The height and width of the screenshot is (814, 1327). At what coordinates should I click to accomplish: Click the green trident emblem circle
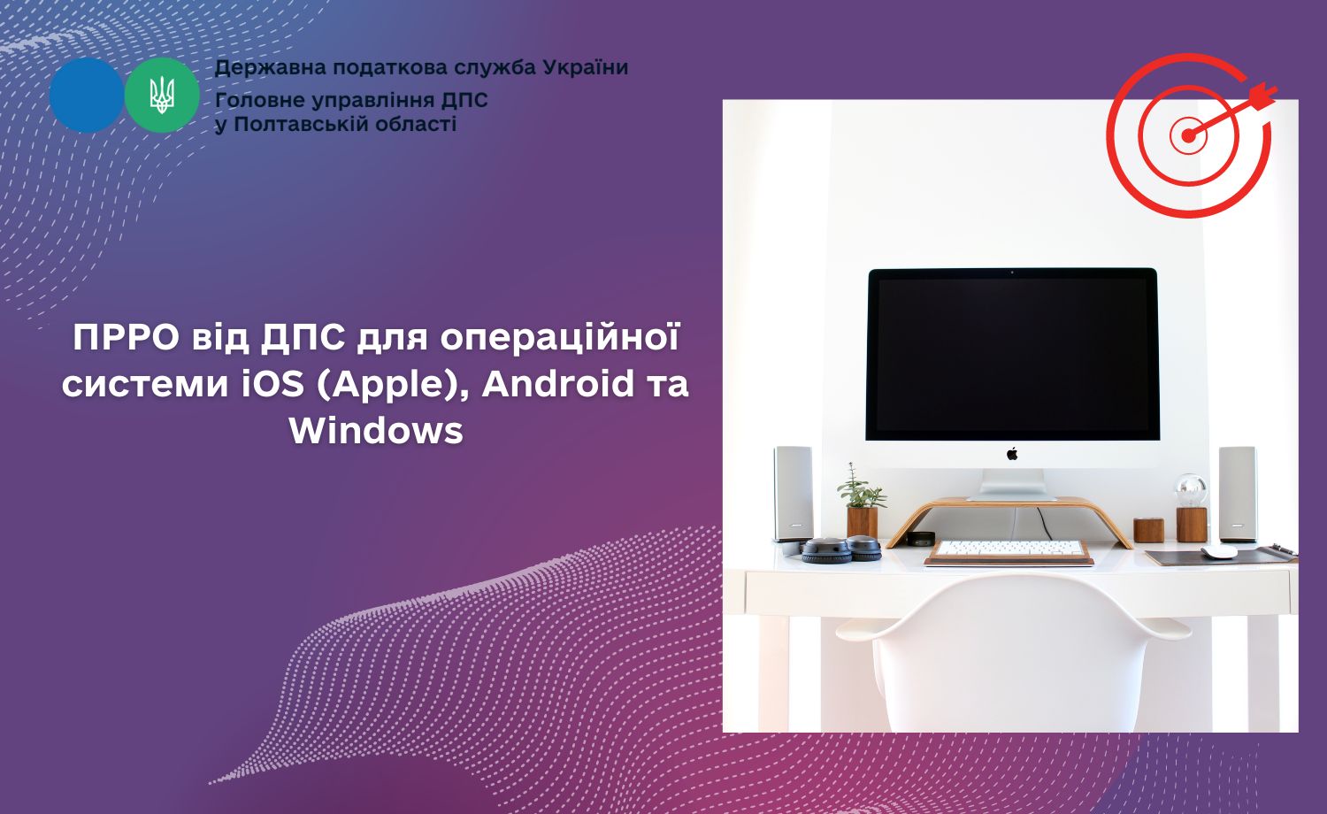162,96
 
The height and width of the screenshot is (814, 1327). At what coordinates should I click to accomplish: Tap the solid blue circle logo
87,96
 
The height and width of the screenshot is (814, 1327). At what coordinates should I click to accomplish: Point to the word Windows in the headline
376,430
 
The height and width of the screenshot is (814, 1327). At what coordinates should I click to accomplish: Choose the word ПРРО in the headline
127,338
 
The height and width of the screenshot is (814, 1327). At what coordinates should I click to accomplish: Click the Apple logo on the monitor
1012,454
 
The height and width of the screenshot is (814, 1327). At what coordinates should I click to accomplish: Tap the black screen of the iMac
1012,354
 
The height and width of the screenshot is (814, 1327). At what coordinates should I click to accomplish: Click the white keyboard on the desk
1009,549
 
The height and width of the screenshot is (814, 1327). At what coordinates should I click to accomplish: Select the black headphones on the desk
841,549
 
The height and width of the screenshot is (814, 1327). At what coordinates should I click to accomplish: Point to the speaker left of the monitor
794,494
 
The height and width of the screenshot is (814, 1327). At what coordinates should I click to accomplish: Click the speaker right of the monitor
1238,494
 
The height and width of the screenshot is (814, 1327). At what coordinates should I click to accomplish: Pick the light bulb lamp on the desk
1191,508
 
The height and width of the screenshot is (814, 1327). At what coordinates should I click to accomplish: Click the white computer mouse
1218,551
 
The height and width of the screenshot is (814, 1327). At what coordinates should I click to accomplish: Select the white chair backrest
1013,652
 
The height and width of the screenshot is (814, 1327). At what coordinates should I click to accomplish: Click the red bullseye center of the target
1188,135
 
